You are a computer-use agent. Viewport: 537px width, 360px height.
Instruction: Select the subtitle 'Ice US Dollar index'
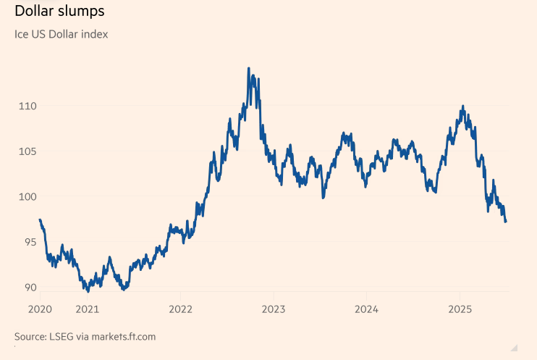(x=62, y=34)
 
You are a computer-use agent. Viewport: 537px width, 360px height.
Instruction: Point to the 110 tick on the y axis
(x=28, y=106)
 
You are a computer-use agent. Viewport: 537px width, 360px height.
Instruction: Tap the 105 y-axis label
(x=28, y=151)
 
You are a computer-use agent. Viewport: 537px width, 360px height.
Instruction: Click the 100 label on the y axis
(x=28, y=197)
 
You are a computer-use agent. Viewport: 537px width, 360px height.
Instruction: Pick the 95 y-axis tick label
(x=29, y=243)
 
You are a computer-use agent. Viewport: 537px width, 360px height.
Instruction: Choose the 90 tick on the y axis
(x=29, y=288)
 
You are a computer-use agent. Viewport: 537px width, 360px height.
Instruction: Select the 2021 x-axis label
(x=87, y=310)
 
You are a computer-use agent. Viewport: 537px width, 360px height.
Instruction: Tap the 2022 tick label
(x=180, y=310)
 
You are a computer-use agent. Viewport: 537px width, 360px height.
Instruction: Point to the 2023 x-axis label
(x=273, y=310)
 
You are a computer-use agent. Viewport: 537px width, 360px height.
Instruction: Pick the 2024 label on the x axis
(x=366, y=310)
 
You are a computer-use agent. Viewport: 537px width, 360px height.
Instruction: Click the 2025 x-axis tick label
(x=460, y=310)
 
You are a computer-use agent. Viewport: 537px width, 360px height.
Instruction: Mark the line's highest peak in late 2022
(x=249, y=69)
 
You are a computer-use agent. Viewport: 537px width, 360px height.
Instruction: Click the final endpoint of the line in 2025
(x=505, y=222)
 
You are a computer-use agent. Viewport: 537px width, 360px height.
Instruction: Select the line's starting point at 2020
(x=40, y=219)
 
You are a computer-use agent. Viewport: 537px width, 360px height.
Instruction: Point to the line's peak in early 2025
(x=462, y=107)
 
